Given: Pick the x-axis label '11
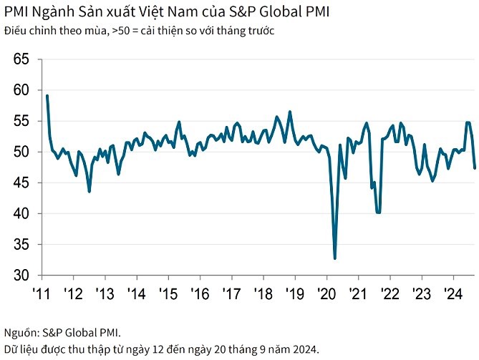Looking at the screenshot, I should [x=41, y=293].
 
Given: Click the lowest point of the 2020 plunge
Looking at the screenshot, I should [x=335, y=258].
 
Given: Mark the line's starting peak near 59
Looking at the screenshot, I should [x=47, y=96].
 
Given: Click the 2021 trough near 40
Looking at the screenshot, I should [x=378, y=213].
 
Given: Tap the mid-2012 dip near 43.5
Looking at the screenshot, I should [x=89, y=191].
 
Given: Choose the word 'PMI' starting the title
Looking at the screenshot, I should [x=16, y=13].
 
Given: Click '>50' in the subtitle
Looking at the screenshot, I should [x=122, y=31].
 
